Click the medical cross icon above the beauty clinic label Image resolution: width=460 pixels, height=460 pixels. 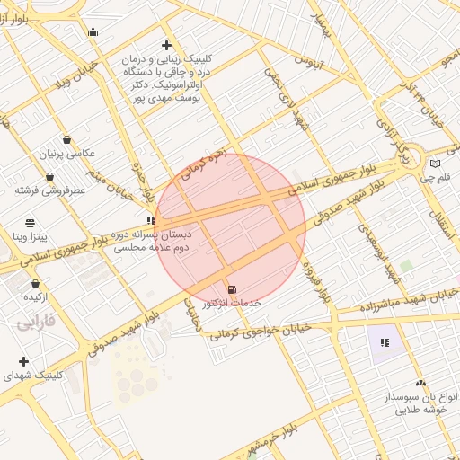coord(166,45)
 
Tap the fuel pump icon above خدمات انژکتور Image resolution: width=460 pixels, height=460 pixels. coord(233,289)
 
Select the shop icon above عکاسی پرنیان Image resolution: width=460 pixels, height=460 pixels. coord(66,138)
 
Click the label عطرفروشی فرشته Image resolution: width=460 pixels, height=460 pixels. coord(49,190)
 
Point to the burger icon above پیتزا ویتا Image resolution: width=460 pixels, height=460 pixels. coord(31,221)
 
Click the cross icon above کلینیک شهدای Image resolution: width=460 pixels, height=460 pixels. coord(22,360)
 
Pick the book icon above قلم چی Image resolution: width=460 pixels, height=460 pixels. coord(436,164)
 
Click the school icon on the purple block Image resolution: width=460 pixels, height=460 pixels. coord(385,342)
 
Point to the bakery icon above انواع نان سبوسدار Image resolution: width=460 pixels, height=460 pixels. coord(421,383)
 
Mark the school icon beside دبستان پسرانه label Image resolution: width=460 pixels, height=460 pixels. coord(150,220)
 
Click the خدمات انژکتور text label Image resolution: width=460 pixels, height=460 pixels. coord(232,304)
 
